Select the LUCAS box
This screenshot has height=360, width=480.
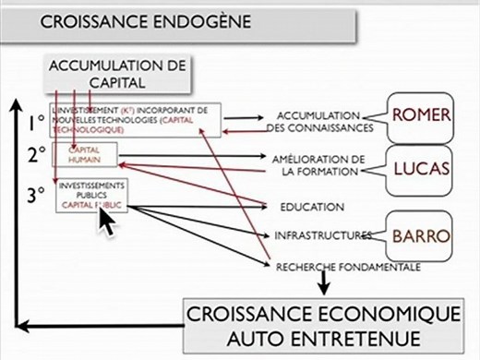coord(420,168)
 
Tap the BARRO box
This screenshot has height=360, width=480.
coord(420,234)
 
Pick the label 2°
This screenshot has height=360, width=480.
coord(36,156)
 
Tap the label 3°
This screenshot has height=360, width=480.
coord(36,194)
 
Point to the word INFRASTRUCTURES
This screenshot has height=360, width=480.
coord(323,236)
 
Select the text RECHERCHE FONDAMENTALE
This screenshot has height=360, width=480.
coord(348,267)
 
